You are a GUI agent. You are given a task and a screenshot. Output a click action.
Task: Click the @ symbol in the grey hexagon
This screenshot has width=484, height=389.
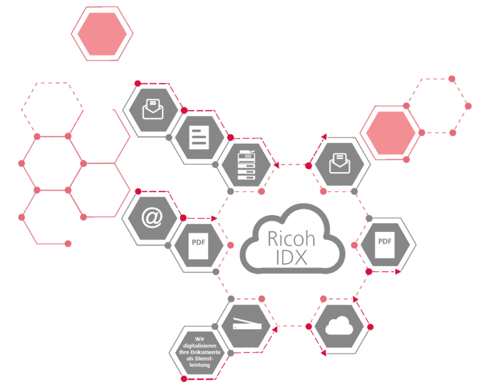[x=152, y=218]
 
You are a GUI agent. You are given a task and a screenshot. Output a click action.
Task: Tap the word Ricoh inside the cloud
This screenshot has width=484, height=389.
[x=291, y=239]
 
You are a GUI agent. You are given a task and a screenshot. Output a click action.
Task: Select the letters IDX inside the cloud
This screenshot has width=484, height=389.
[x=291, y=257]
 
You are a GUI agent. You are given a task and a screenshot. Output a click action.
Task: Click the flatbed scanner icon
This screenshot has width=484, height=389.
[x=247, y=323]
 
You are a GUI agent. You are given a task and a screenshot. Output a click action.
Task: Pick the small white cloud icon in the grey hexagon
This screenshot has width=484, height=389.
[x=339, y=326]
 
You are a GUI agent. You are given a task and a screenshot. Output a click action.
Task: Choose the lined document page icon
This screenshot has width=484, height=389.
[x=199, y=137]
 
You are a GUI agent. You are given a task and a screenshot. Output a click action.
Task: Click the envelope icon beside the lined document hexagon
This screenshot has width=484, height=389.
[x=153, y=109]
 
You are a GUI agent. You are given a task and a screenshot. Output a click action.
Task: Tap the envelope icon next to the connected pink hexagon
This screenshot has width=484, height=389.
[x=340, y=163]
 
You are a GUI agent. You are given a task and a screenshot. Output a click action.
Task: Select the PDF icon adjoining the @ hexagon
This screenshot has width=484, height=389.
[x=199, y=245]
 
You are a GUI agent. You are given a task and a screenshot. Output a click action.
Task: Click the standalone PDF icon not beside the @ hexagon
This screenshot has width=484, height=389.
[x=384, y=245]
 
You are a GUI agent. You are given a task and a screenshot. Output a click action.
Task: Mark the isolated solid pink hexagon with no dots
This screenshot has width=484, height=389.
[x=102, y=34]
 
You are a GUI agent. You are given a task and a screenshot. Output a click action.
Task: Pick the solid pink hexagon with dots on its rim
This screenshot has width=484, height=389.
[x=391, y=133]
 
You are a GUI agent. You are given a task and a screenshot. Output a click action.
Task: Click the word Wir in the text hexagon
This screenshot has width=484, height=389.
[x=200, y=339]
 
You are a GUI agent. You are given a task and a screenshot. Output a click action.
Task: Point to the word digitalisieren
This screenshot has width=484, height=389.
[x=200, y=345]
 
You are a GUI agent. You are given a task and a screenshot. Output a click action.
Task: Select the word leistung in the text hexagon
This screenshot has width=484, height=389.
[x=200, y=365]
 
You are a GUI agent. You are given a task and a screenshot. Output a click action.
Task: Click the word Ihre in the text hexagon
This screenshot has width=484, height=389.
[x=184, y=352]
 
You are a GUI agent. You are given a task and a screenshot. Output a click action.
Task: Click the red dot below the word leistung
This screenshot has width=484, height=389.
[x=184, y=379]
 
